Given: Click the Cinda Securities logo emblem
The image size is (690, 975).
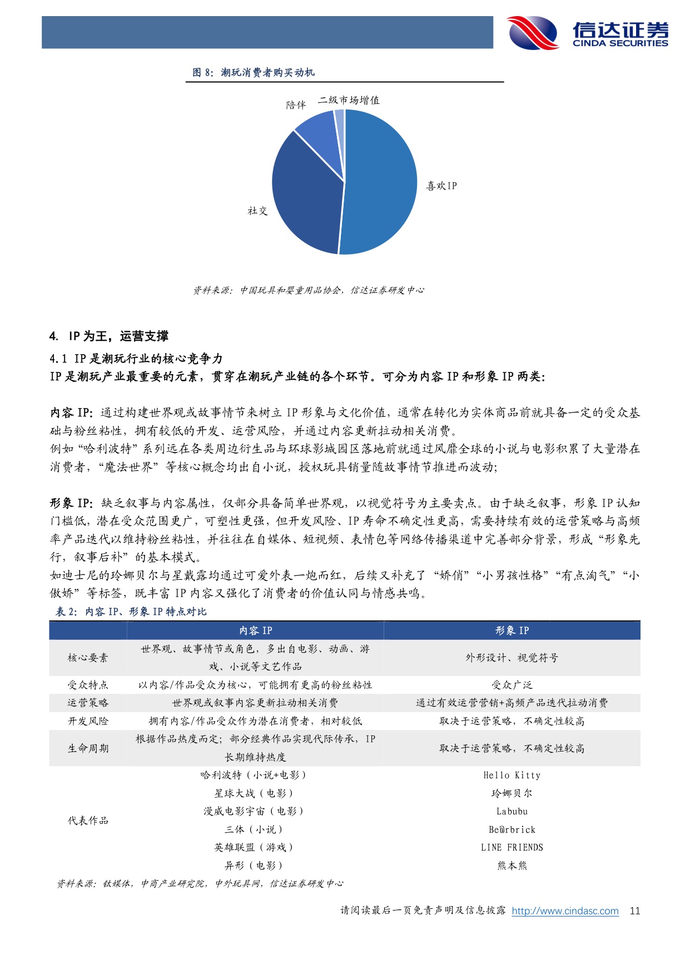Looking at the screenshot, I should point(533,32).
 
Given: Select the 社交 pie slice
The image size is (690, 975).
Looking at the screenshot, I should point(305,195).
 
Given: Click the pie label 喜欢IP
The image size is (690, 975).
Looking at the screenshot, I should point(441,186).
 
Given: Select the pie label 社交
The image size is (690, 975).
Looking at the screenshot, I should point(257,211).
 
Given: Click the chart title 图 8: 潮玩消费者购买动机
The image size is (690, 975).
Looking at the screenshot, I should point(254,72).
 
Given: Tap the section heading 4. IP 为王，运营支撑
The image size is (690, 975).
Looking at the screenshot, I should point(109,336).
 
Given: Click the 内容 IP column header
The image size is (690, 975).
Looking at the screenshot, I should point(255,630).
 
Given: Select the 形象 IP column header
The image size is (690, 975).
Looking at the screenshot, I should point(512,630).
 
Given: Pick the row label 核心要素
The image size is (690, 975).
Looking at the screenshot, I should point(88,658).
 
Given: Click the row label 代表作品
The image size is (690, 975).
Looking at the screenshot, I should point(88,820).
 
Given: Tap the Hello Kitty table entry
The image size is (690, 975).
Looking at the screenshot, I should point(512,775).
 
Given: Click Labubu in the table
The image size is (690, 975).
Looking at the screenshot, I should point(512,811).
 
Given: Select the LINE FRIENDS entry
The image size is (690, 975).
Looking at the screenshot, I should point(512,847).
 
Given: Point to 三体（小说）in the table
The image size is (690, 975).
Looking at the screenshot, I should point(254,829).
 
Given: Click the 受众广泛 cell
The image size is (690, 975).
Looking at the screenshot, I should point(512,685).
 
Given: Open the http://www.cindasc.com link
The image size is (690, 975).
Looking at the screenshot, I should point(565,911).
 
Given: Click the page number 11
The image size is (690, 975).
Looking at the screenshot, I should point(634,911).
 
